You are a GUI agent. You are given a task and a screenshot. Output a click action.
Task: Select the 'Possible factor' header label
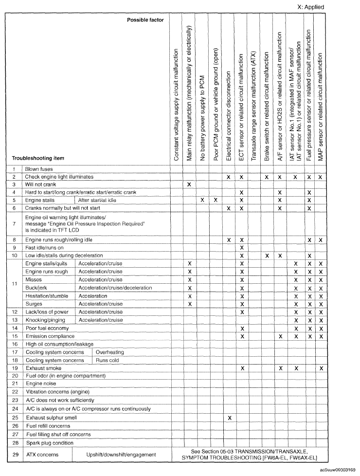click(x=145, y=20)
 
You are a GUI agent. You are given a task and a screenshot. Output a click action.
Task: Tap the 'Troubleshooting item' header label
click(x=38, y=158)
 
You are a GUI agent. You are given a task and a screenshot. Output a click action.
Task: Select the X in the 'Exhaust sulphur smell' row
click(x=229, y=418)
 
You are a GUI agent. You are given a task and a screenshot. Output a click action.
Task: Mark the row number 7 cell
click(x=15, y=224)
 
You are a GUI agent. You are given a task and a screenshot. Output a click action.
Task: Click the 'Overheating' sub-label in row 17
click(x=110, y=352)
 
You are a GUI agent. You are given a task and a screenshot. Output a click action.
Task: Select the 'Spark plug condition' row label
click(x=49, y=443)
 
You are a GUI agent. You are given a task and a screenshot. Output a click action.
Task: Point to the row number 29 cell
click(x=15, y=455)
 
